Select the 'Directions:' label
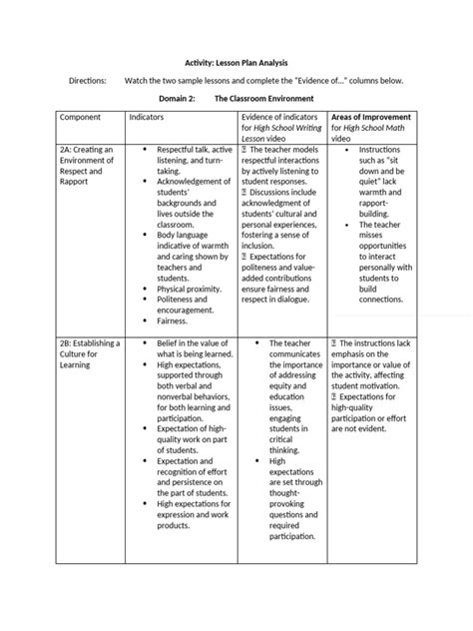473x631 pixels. tap(90, 79)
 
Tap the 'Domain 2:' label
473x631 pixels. tap(181, 99)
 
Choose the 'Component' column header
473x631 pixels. tap(82, 118)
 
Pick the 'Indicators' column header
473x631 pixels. tap(149, 118)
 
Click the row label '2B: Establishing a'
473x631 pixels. tap(90, 343)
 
